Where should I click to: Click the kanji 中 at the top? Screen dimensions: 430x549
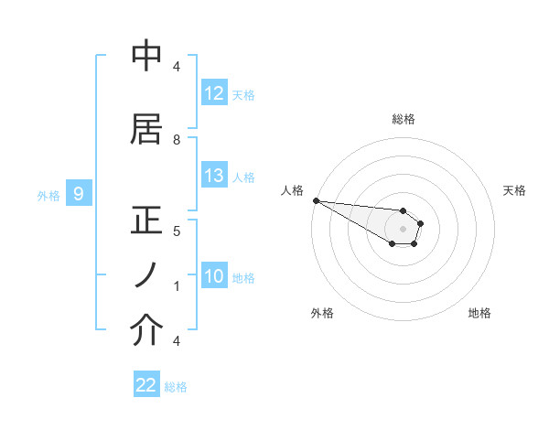pyautogui.click(x=146, y=57)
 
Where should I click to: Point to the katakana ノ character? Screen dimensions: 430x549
pyautogui.click(x=146, y=275)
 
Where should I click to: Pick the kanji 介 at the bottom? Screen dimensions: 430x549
pyautogui.click(x=146, y=330)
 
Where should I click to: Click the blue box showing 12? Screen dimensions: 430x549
pyautogui.click(x=214, y=93)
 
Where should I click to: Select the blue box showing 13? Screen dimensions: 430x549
pyautogui.click(x=214, y=176)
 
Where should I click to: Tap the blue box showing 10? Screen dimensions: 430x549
pyautogui.click(x=214, y=276)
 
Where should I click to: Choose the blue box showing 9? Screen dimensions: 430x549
pyautogui.click(x=79, y=194)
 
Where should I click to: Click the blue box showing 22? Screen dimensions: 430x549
pyautogui.click(x=146, y=385)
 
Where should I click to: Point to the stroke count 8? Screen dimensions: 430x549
pyautogui.click(x=177, y=140)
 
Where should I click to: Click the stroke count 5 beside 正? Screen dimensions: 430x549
pyautogui.click(x=177, y=231)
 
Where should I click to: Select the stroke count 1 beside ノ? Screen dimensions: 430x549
pyautogui.click(x=177, y=286)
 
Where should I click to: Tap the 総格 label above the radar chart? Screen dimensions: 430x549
pyautogui.click(x=404, y=119)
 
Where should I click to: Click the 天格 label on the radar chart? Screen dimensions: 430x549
pyautogui.click(x=514, y=190)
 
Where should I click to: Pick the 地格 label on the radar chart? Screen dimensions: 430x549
pyautogui.click(x=479, y=313)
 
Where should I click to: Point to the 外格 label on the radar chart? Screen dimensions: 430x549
pyautogui.click(x=322, y=313)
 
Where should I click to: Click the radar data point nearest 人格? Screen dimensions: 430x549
pyautogui.click(x=315, y=200)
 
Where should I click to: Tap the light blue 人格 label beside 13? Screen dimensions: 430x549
pyautogui.click(x=243, y=177)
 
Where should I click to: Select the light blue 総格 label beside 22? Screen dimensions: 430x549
pyautogui.click(x=176, y=387)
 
